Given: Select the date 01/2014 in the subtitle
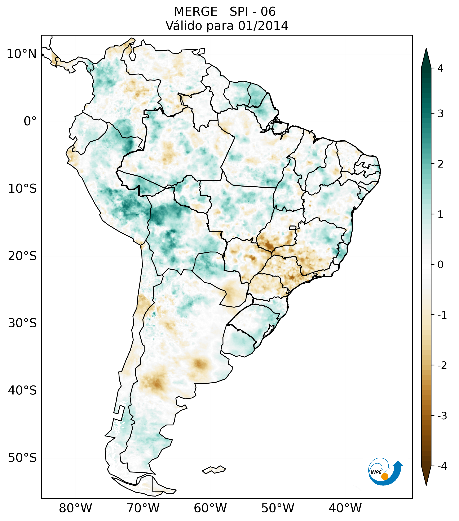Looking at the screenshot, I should point(263,26).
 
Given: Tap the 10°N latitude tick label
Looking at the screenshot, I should point(22,54).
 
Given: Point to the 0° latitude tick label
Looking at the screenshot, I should point(30,121).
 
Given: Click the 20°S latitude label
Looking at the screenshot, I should point(22,256).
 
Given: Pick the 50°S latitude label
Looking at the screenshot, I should point(22,458).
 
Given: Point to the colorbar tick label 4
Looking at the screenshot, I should point(440,68).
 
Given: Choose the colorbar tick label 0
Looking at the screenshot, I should point(440,265).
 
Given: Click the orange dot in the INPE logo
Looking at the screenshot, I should point(385,476).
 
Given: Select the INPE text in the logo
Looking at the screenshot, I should point(376,472).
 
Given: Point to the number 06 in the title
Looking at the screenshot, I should point(268,12).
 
